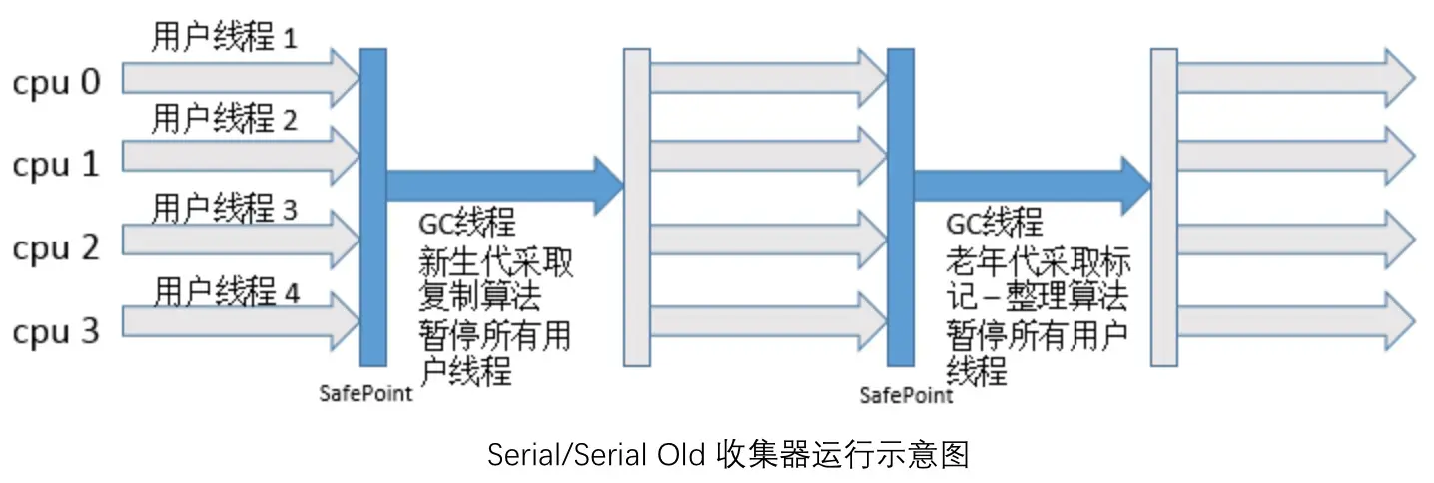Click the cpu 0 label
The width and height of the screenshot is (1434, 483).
pyautogui.click(x=57, y=82)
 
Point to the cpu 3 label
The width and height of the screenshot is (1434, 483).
pyautogui.click(x=57, y=330)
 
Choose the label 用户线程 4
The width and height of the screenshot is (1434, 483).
pyautogui.click(x=226, y=293)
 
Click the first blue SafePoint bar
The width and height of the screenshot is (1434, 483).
pyautogui.click(x=373, y=207)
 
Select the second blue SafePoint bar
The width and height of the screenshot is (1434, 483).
pyautogui.click(x=900, y=207)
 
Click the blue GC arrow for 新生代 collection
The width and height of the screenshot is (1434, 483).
pyautogui.click(x=504, y=185)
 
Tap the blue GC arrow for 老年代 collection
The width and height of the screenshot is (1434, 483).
pyautogui.click(x=1032, y=185)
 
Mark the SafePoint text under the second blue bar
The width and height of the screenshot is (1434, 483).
pyautogui.click(x=906, y=396)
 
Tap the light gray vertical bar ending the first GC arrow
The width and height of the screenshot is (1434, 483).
pyautogui.click(x=637, y=207)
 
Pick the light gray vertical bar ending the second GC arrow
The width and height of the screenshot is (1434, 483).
pyautogui.click(x=1164, y=207)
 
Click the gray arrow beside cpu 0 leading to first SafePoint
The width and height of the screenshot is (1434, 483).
pyautogui.click(x=240, y=78)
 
